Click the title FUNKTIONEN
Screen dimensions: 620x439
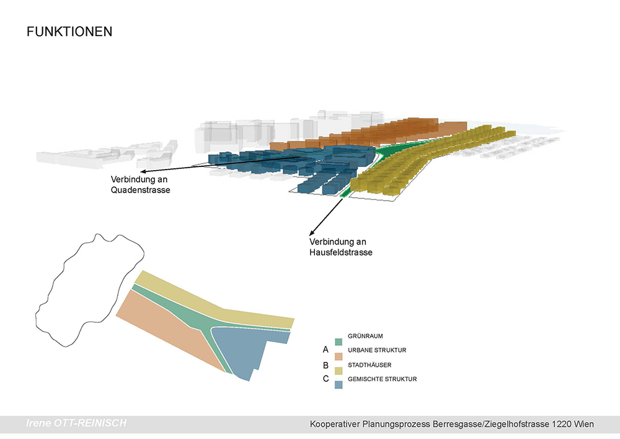[x=69, y=32]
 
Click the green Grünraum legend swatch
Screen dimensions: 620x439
[x=339, y=342]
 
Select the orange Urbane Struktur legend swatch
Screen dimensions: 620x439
[x=339, y=356]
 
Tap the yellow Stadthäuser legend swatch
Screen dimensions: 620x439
[x=339, y=371]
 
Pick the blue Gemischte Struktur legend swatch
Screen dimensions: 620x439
[x=339, y=385]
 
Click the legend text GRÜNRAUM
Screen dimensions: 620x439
[x=365, y=336]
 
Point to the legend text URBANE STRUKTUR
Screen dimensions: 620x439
[x=377, y=350]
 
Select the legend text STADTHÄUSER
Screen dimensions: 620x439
[x=370, y=365]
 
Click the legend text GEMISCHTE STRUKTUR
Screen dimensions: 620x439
[x=383, y=379]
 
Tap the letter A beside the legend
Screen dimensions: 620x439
[x=325, y=350]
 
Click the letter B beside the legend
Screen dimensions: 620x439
[x=325, y=365]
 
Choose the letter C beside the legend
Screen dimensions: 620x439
[x=325, y=379]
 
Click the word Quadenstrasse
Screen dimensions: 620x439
[x=140, y=190]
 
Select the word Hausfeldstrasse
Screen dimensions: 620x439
[x=341, y=253]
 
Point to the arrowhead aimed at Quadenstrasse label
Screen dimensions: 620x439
[x=143, y=172]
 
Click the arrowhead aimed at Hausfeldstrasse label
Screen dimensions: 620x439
[x=312, y=233]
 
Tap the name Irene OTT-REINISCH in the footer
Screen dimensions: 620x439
[x=76, y=423]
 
